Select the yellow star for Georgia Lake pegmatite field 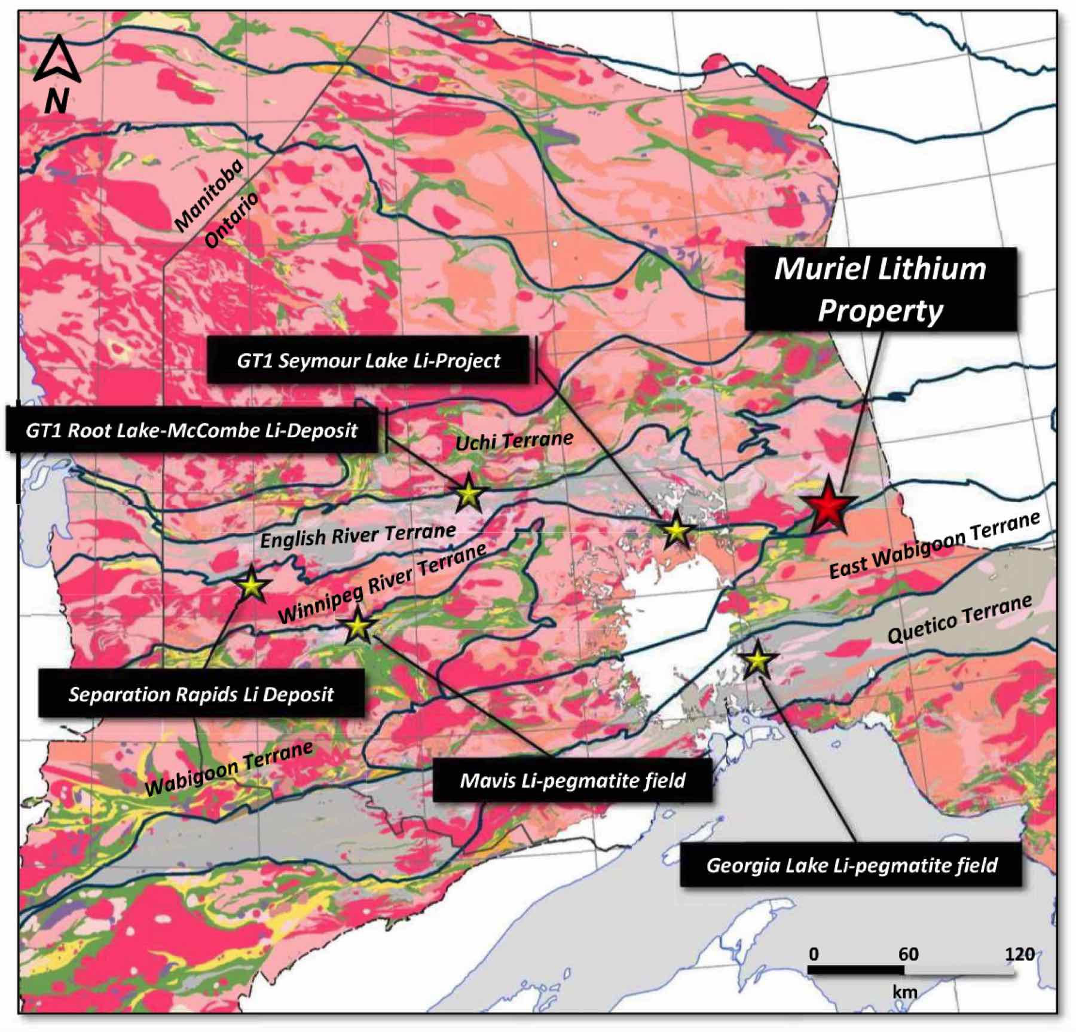click(758, 660)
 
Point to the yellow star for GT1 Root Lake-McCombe click(469, 494)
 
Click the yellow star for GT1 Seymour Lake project click(677, 530)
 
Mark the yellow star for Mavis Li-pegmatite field click(357, 626)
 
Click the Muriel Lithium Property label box click(880, 290)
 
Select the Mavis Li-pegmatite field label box click(572, 780)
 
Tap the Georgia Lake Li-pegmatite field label click(851, 865)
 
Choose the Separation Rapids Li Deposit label click(201, 694)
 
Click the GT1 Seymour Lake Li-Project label click(368, 360)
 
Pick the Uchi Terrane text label click(514, 441)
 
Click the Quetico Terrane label click(959, 619)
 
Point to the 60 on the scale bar click(908, 954)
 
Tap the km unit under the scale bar click(904, 993)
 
